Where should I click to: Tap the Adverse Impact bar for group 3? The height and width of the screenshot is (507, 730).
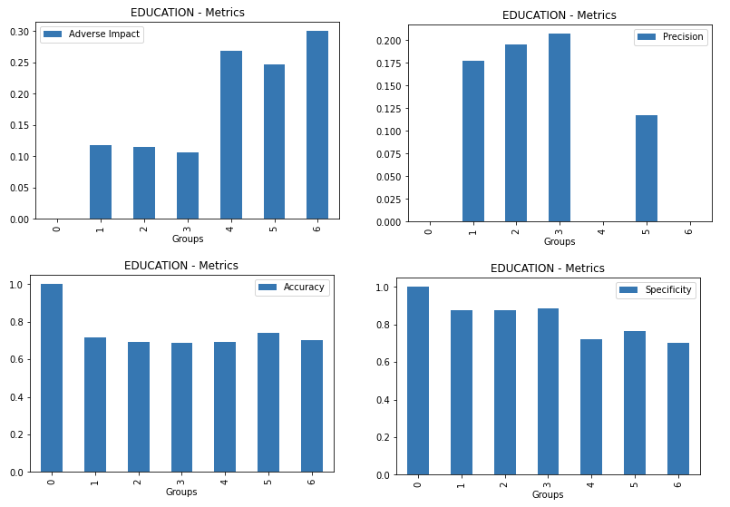[187, 186]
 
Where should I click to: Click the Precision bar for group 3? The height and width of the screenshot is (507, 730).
[560, 128]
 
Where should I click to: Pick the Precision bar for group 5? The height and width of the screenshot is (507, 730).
[647, 169]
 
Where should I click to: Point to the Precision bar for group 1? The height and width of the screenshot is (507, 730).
[472, 141]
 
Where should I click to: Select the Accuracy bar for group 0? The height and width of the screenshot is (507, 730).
[52, 378]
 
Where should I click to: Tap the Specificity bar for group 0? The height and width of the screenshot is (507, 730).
[418, 381]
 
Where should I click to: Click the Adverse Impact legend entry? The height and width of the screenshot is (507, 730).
[92, 34]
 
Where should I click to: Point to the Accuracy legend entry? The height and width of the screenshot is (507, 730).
[292, 288]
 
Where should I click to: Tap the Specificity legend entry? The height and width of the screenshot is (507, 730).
[656, 290]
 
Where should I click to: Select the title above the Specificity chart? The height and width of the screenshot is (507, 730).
[547, 268]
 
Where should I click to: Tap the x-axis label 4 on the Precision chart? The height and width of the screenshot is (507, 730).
[603, 230]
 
